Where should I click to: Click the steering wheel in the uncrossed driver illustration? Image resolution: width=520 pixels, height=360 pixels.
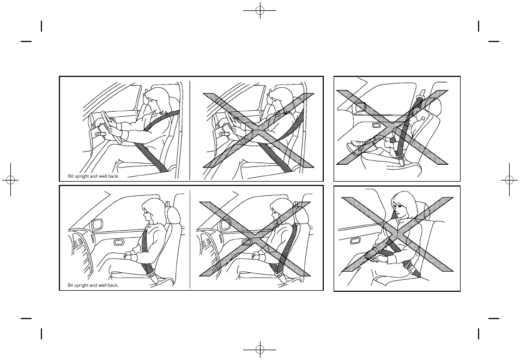[x=109, y=126]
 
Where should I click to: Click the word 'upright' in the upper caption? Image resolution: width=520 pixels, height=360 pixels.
[x=81, y=176]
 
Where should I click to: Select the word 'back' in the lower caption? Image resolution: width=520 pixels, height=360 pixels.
[x=113, y=285]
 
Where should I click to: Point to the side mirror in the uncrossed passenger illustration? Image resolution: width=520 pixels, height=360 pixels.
[x=98, y=225]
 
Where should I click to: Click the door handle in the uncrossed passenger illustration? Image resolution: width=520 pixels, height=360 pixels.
[x=118, y=243]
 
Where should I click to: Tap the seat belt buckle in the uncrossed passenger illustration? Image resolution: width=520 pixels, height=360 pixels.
[x=153, y=276]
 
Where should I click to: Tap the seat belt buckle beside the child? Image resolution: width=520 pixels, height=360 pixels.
[x=401, y=161]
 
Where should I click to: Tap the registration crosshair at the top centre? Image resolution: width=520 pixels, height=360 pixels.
[x=260, y=10]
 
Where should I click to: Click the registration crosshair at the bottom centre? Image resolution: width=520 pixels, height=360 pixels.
[x=260, y=350]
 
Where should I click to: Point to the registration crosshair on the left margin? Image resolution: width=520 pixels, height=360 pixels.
[x=10, y=179]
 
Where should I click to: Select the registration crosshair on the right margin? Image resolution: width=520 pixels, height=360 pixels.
[x=510, y=179]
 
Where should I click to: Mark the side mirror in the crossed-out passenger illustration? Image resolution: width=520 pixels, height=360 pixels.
[x=226, y=224]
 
